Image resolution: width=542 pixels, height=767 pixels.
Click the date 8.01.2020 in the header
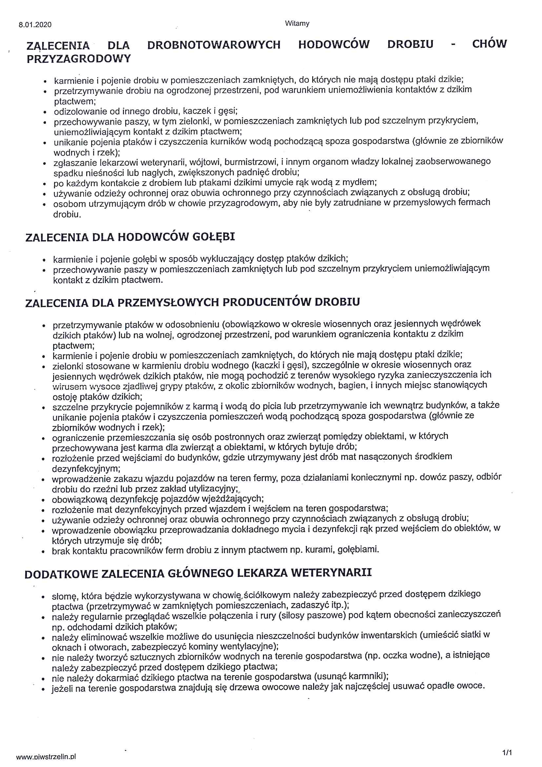[x=35, y=25]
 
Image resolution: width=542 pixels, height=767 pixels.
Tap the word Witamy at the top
[x=297, y=23]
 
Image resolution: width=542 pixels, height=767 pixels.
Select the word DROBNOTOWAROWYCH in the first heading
[x=214, y=45]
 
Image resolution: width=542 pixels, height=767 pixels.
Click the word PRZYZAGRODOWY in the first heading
[x=79, y=59]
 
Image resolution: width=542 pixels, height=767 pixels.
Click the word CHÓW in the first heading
[x=489, y=44]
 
